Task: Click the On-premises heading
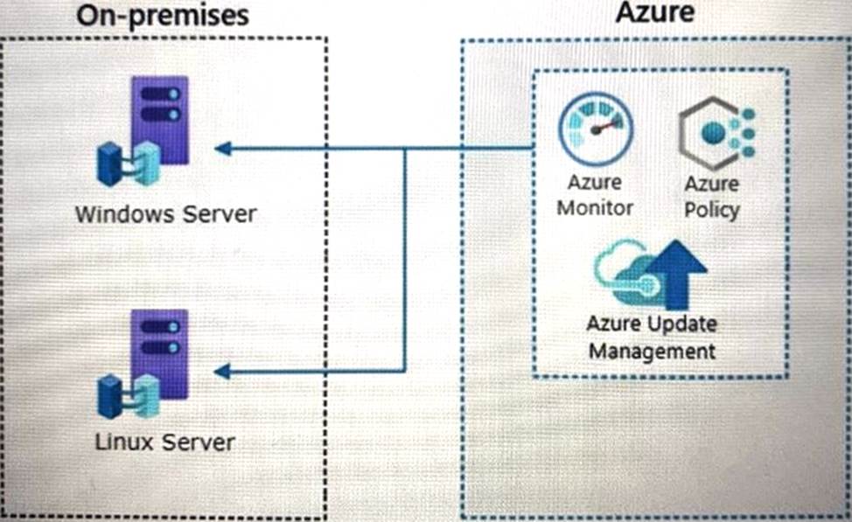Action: (x=162, y=15)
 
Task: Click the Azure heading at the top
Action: (x=654, y=12)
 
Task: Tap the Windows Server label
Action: (x=165, y=213)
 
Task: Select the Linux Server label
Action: (x=165, y=442)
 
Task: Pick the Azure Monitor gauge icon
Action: (x=596, y=129)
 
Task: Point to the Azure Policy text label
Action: (x=711, y=197)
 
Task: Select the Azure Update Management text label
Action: (x=651, y=338)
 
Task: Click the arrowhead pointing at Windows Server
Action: (x=223, y=149)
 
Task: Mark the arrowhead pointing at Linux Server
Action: (x=223, y=372)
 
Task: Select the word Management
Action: (x=651, y=351)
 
